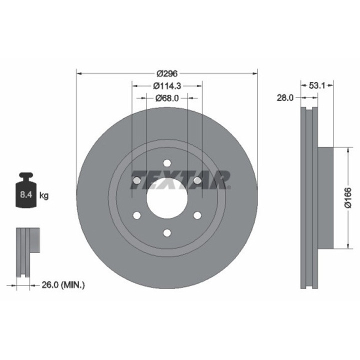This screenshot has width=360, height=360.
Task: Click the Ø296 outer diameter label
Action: coord(167,73)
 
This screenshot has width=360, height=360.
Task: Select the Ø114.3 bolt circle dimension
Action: coord(167,86)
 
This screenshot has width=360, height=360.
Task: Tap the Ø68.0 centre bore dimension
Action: coord(167,98)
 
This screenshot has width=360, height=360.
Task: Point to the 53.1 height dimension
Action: coord(317,85)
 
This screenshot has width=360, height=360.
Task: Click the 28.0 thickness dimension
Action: coord(285,98)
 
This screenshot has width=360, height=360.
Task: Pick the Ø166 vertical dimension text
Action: coord(348,197)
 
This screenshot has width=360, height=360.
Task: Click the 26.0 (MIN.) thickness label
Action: coord(63,285)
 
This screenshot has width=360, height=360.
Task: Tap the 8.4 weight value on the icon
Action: coord(26,194)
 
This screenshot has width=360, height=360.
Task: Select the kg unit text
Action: coord(44,196)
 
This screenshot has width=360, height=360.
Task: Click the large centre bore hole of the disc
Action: coord(167,198)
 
